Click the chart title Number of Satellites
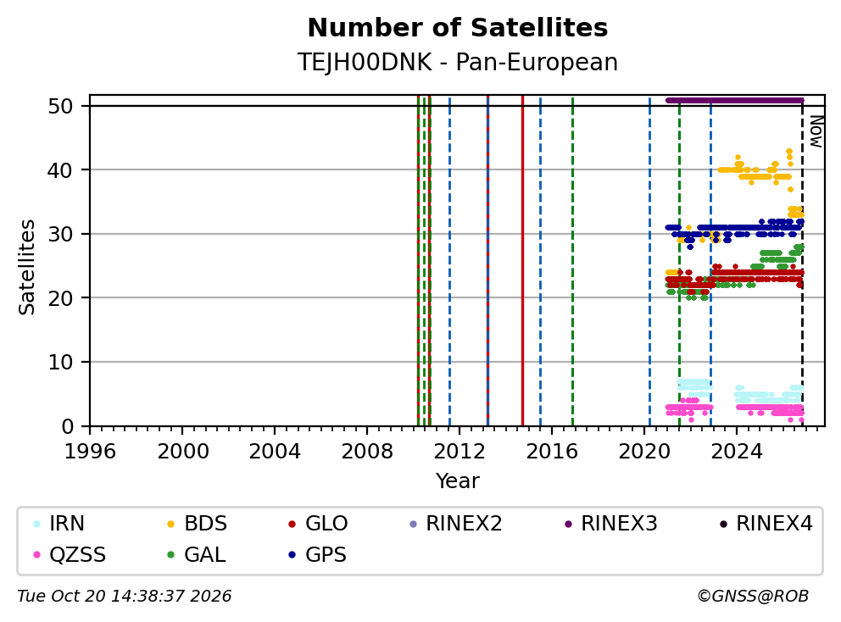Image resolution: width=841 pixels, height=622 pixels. coord(458,28)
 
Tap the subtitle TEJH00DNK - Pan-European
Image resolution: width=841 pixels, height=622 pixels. coord(458,62)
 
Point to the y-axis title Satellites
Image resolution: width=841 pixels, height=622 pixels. coord(26,267)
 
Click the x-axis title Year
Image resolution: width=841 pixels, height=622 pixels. coord(458,481)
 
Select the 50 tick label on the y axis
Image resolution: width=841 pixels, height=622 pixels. coord(60,106)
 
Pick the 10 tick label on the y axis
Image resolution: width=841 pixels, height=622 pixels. coord(60,363)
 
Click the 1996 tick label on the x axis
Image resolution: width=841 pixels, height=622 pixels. coord(90,452)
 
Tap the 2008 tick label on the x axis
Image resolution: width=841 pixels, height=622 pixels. coord(367,452)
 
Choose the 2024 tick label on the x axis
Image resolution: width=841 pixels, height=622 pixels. coord(737,452)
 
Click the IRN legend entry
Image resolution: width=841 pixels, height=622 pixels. coord(59,524)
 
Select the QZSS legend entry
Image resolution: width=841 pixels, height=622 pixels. coord(70,554)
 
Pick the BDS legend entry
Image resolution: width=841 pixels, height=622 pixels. coord(198,524)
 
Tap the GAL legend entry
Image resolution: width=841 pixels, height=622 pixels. coord(197,554)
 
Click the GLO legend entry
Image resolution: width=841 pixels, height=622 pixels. coord(319,524)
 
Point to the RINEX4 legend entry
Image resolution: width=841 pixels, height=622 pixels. coord(766,524)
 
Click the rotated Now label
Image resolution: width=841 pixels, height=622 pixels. coord(816,132)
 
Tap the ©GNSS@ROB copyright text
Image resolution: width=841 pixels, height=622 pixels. coord(753,596)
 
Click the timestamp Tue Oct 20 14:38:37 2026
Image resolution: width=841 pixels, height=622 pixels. coord(125,596)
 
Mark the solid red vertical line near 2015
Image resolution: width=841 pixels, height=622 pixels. coord(522,261)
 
